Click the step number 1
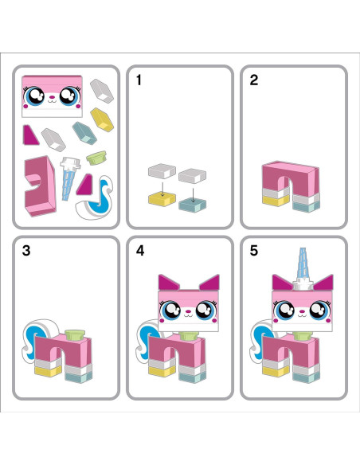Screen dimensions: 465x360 (x=139, y=80)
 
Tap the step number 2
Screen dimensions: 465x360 (x=253, y=80)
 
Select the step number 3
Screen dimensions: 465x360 (x=26, y=251)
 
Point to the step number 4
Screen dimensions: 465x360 (x=140, y=251)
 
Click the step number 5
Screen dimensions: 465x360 (x=254, y=251)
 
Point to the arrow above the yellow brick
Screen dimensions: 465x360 (x=162, y=186)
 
